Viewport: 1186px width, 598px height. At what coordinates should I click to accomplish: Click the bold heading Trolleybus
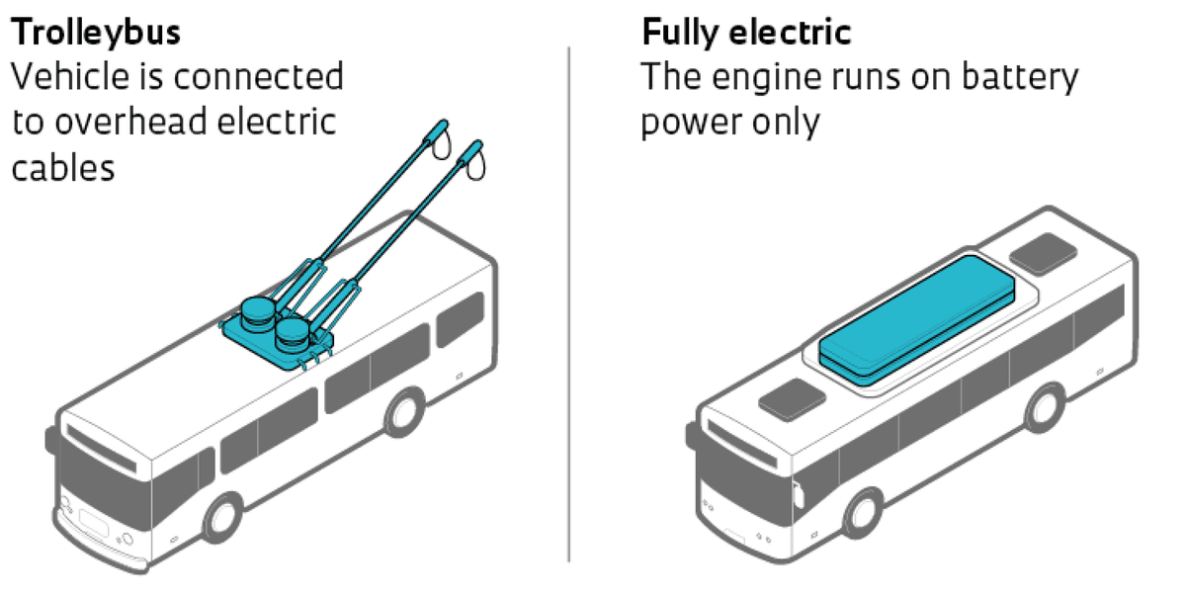pos(96,33)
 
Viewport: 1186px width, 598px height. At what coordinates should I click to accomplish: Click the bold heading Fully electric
pos(746,33)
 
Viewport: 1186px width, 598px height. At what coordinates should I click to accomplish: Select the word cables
pos(63,167)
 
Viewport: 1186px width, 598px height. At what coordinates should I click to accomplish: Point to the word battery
pos(1019,77)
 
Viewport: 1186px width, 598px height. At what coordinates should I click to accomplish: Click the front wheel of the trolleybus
pos(222,517)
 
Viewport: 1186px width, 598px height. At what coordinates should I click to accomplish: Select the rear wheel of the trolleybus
pos(404,413)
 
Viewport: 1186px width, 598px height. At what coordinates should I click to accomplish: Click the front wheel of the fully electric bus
pos(863,512)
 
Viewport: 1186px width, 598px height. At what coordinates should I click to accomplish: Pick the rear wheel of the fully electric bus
pos(1044,406)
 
